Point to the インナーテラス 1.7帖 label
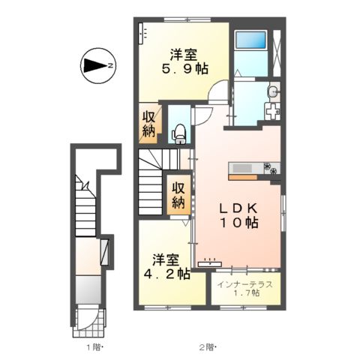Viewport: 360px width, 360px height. [245, 289]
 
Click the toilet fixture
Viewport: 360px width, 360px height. [180, 133]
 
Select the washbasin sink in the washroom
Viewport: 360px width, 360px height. [272, 94]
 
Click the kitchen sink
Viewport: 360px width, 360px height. [247, 166]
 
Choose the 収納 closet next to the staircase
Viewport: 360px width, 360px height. [178, 195]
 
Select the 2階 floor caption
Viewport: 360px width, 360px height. [207, 347]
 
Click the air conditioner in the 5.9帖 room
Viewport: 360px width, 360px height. [144, 34]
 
